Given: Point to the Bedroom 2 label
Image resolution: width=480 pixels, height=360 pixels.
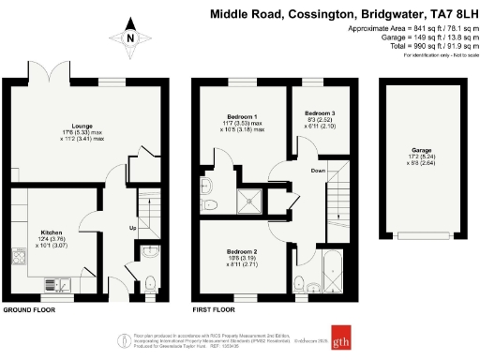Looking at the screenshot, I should (242, 251).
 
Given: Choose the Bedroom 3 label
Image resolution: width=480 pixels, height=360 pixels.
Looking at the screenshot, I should (319, 112).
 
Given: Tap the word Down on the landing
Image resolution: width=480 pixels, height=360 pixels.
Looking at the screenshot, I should (319, 171).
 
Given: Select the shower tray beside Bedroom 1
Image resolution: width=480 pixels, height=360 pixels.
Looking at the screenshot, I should (252, 198).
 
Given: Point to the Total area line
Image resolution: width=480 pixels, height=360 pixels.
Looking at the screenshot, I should (416, 44).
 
